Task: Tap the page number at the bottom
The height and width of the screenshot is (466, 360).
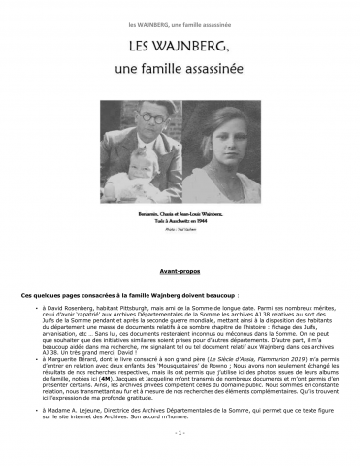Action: click(180, 458)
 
